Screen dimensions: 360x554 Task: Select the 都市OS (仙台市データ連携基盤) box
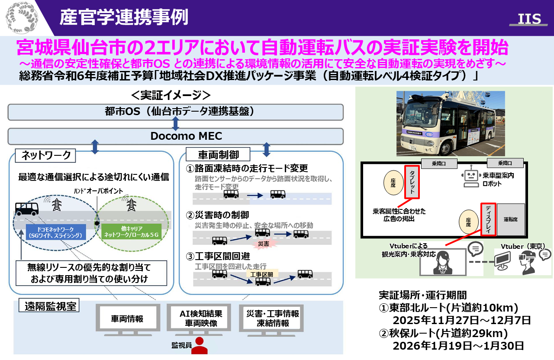click(176, 112)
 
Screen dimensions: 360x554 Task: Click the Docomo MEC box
click(176, 136)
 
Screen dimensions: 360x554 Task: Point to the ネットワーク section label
click(43, 154)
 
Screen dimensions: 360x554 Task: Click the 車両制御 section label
click(218, 154)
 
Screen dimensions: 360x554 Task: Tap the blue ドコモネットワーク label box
click(56, 232)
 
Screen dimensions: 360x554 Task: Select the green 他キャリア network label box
click(132, 232)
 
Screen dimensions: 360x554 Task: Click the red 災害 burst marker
click(264, 244)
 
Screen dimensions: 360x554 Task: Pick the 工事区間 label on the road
click(262, 274)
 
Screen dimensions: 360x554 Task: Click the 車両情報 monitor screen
click(127, 319)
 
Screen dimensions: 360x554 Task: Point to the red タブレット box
click(412, 182)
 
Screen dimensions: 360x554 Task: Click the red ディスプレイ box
click(488, 219)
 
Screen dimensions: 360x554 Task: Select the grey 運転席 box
click(511, 219)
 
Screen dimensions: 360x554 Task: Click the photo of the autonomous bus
click(451, 123)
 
